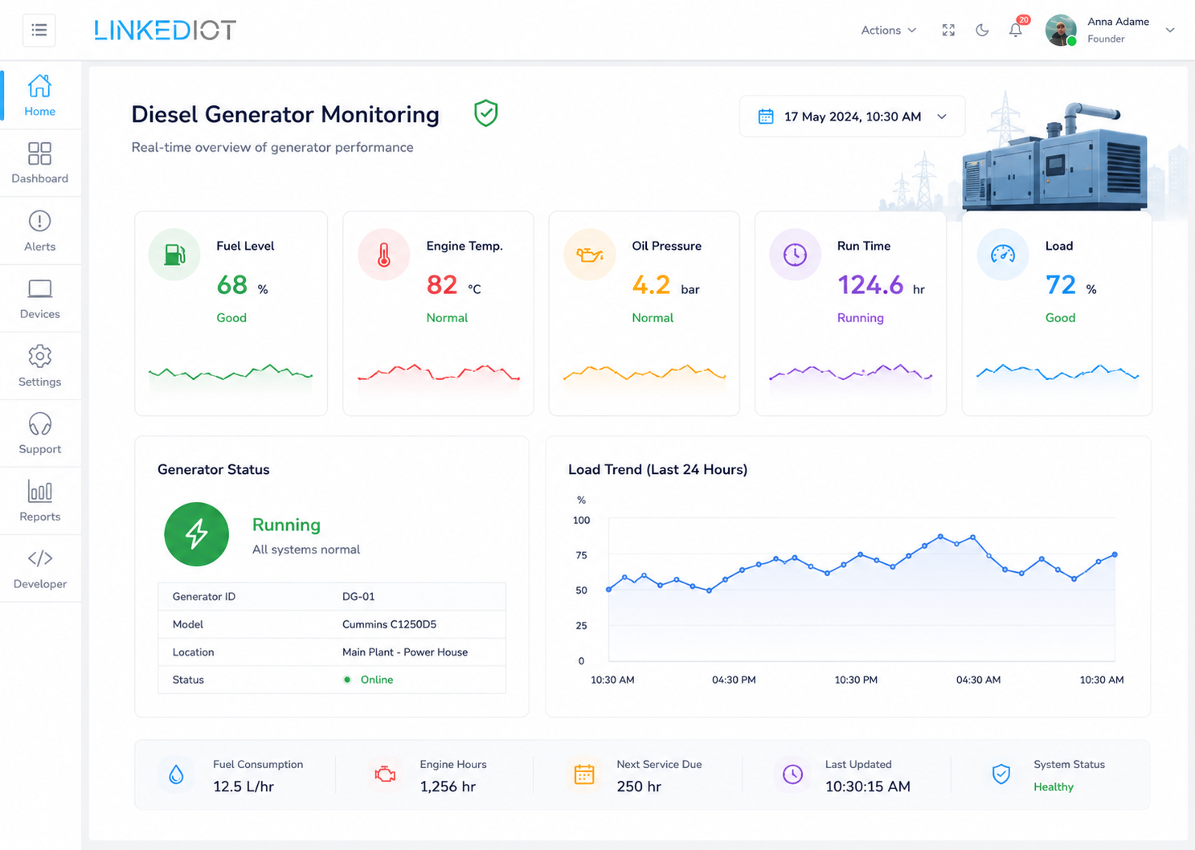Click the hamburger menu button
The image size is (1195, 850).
click(39, 30)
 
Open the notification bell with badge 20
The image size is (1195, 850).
click(1016, 30)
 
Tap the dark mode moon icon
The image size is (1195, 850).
click(982, 31)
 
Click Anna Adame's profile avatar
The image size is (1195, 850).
click(1061, 31)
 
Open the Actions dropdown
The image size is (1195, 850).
click(888, 31)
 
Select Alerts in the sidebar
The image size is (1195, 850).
click(39, 231)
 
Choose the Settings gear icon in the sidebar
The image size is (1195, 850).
click(40, 356)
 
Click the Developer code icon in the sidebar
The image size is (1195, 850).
click(40, 558)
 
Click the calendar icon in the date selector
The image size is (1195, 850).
click(766, 116)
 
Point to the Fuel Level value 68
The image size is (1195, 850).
click(232, 284)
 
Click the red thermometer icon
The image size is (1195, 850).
click(383, 255)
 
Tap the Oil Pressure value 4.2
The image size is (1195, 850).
click(651, 284)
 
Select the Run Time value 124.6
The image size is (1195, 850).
click(870, 284)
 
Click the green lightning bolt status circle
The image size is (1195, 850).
click(196, 533)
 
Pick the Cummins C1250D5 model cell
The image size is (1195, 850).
click(389, 624)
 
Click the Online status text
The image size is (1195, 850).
click(377, 680)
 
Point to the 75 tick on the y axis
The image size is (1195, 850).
click(581, 556)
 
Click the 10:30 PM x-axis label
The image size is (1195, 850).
click(856, 680)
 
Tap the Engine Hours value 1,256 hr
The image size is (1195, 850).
click(448, 787)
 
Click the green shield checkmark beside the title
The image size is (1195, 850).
click(485, 113)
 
